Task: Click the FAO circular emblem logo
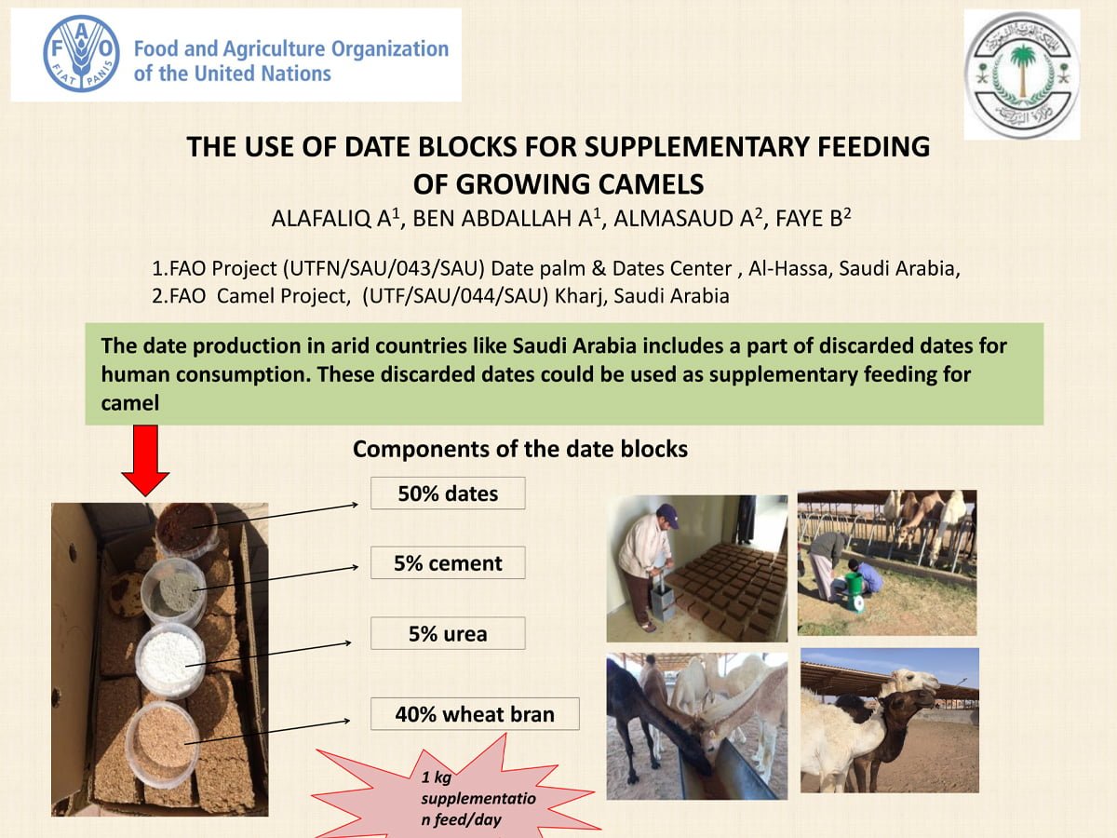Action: coord(81,53)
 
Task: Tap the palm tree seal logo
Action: coord(1022,74)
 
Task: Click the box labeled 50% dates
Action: coord(448,493)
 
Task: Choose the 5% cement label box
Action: coord(448,562)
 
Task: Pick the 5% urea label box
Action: coord(448,633)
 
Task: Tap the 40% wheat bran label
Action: coord(475,714)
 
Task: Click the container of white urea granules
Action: coord(170,659)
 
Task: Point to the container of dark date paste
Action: coord(186,529)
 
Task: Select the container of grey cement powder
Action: coord(173,590)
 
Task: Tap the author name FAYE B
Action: coord(813,218)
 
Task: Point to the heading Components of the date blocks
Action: coord(520,450)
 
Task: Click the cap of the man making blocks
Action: coord(668,514)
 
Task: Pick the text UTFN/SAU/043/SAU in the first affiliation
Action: coord(383,268)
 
